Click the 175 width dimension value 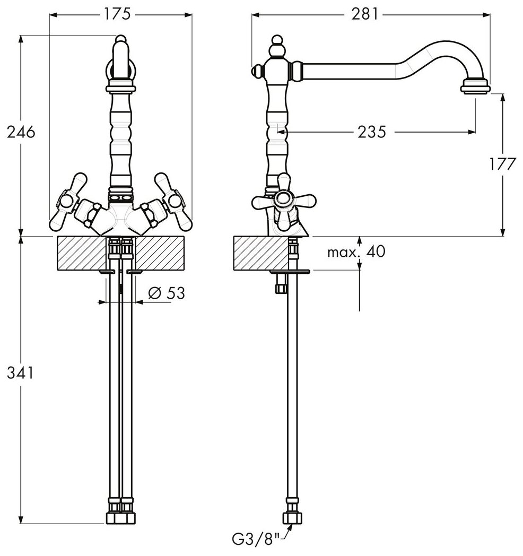pos(118,14)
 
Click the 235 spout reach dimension pos(371,132)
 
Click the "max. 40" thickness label pos(356,251)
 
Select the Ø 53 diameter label pos(167,292)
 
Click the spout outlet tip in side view pos(476,85)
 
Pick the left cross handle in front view pos(69,201)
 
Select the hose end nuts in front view pos(121,518)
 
